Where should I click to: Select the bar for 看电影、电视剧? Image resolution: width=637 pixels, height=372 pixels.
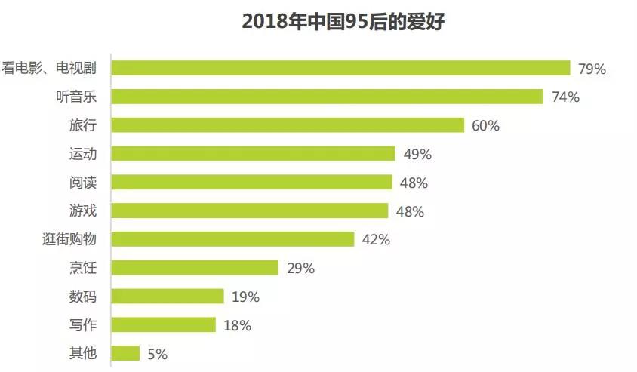click(x=340, y=69)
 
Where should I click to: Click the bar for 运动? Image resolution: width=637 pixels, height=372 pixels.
click(x=253, y=154)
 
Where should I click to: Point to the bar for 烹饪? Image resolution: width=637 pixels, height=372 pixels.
click(x=195, y=268)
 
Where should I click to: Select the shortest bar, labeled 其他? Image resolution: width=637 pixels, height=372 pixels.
click(x=125, y=353)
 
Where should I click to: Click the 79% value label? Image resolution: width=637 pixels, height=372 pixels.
click(x=592, y=69)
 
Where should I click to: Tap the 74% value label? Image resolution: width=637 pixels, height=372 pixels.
click(x=565, y=97)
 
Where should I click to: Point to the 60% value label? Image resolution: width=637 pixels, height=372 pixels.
click(x=485, y=126)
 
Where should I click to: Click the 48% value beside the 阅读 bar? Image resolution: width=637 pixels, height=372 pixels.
click(x=414, y=183)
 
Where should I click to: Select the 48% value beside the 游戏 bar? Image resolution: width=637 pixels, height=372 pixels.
click(x=410, y=211)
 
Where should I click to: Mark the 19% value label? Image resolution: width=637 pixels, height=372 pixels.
click(x=245, y=297)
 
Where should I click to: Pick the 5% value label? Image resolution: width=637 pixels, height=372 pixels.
click(x=157, y=354)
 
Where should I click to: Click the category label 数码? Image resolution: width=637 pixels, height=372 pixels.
click(x=82, y=297)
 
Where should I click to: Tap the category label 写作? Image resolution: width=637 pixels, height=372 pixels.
click(x=82, y=325)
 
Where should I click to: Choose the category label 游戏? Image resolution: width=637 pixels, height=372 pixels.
click(x=82, y=211)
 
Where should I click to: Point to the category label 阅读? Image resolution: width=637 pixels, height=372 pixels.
click(x=82, y=182)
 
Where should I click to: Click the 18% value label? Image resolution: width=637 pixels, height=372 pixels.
click(x=237, y=326)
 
